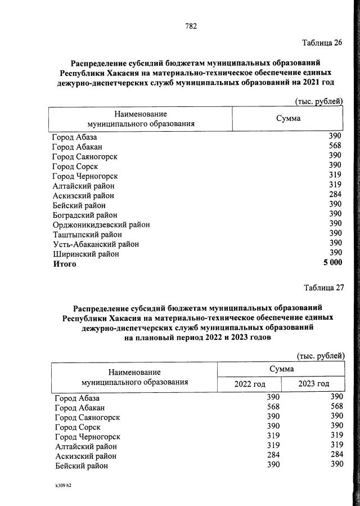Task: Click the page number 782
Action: (x=190, y=26)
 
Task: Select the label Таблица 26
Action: (x=322, y=43)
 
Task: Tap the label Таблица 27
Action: (x=323, y=288)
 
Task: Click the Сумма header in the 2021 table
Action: (x=287, y=118)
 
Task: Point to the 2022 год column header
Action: (x=249, y=383)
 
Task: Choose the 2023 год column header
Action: (x=313, y=383)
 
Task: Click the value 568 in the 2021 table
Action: (x=335, y=146)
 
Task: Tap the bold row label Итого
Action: (x=64, y=263)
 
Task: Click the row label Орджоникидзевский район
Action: (x=101, y=225)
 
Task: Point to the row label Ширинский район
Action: (x=85, y=254)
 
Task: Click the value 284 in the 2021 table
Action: (x=335, y=195)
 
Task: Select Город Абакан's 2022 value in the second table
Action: (x=273, y=407)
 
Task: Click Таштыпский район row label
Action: (x=87, y=234)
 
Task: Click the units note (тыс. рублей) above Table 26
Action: (x=318, y=101)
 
